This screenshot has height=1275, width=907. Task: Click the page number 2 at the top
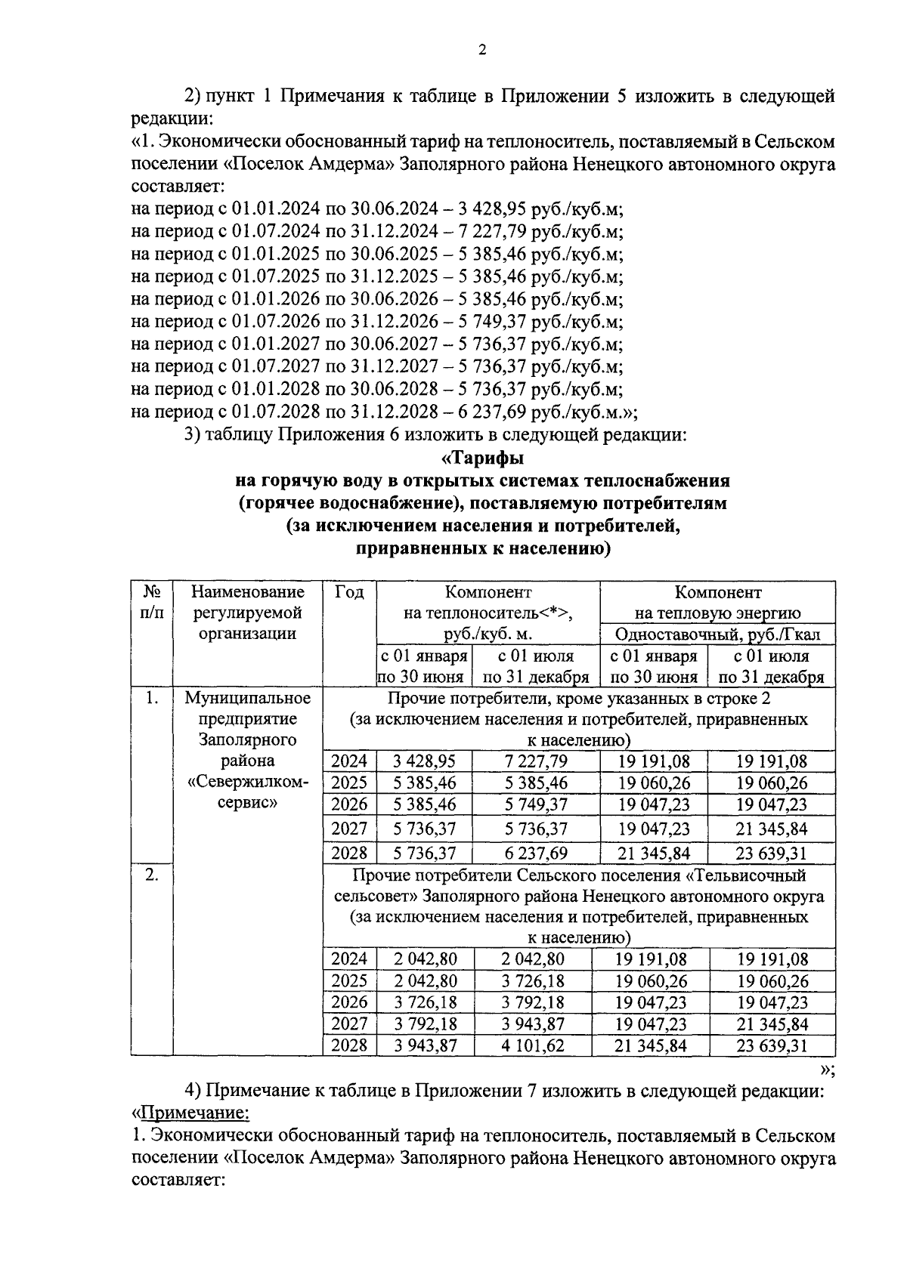tap(482, 51)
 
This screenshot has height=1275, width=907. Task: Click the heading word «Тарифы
tap(482, 458)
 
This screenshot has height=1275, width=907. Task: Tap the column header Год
tap(348, 593)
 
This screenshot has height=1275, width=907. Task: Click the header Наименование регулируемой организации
tap(247, 613)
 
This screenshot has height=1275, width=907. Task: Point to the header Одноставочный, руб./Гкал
tap(717, 634)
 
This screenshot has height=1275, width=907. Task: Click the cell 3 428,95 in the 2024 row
tap(425, 761)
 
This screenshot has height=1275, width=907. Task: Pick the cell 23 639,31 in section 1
tap(772, 854)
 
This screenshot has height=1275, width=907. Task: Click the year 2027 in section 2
tap(349, 1024)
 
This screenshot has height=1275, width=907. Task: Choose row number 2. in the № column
tap(151, 875)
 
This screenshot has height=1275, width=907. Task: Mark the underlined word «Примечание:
tap(191, 1113)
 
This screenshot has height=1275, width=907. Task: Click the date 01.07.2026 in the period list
tap(280, 323)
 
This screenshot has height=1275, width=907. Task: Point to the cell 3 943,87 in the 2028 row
tap(425, 1046)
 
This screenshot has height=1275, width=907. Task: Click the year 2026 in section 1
tap(349, 804)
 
